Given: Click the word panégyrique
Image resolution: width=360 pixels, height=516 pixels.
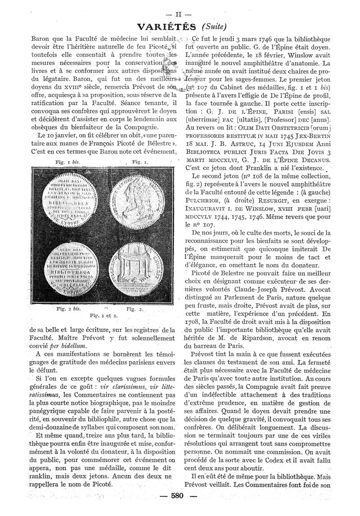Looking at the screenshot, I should (44, 412).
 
